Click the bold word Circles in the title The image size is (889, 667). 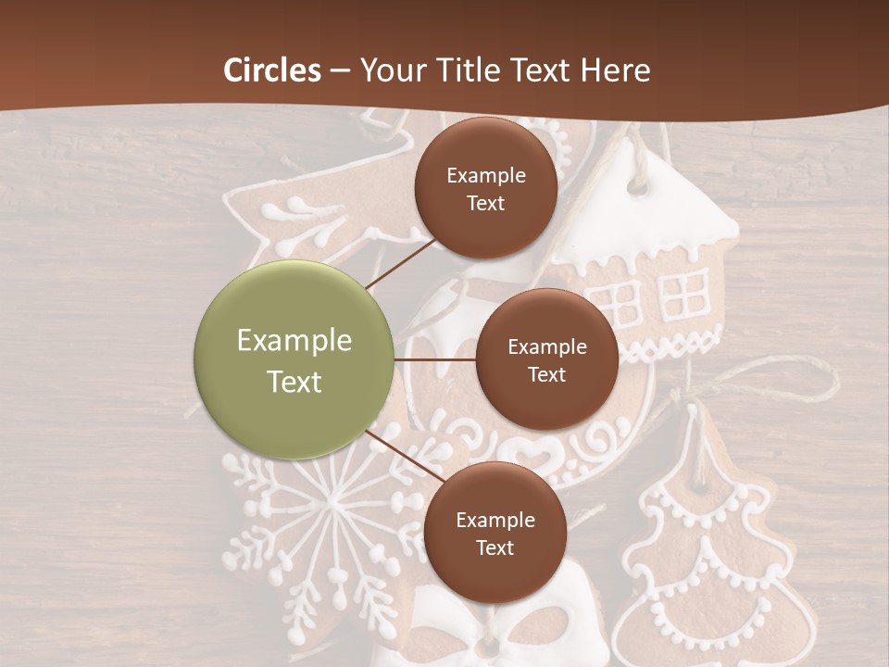(272, 70)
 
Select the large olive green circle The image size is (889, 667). (294, 359)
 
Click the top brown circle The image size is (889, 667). (486, 188)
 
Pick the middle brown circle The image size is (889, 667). (547, 359)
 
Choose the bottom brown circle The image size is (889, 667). (495, 533)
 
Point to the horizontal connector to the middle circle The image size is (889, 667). (435, 359)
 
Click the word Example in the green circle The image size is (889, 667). (294, 340)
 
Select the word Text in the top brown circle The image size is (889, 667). (486, 203)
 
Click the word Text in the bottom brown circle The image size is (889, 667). (495, 547)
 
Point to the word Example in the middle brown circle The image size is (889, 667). (547, 346)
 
